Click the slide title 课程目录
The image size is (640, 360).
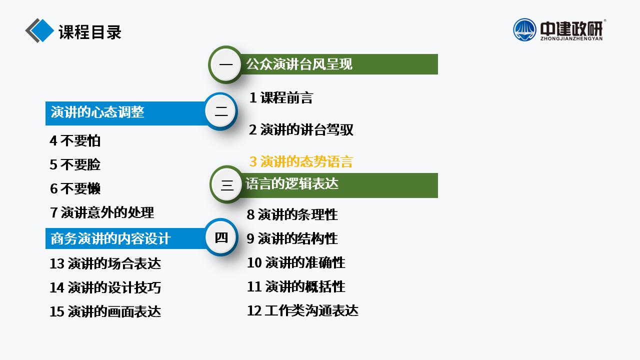pyautogui.click(x=90, y=32)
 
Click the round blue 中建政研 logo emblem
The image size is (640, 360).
pyautogui.click(x=524, y=29)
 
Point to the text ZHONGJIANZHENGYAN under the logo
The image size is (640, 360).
pyautogui.click(x=571, y=38)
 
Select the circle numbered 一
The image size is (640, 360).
pyautogui.click(x=225, y=64)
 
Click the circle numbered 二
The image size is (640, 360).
pyautogui.click(x=221, y=111)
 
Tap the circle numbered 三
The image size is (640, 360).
pyautogui.click(x=227, y=184)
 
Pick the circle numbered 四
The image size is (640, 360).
pyautogui.click(x=221, y=237)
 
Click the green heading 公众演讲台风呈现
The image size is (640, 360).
pyautogui.click(x=299, y=64)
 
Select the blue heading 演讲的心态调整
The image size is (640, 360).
pyautogui.click(x=97, y=112)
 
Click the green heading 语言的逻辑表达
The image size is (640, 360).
pyautogui.click(x=291, y=183)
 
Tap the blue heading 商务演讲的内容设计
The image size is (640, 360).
pyautogui.click(x=110, y=238)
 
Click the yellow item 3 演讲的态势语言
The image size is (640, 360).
pyautogui.click(x=301, y=161)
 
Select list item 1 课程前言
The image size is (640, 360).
pyautogui.click(x=281, y=97)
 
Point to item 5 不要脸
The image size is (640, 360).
pyautogui.click(x=75, y=164)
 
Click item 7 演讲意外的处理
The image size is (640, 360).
pyautogui.click(x=102, y=212)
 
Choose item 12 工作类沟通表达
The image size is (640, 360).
pyautogui.click(x=302, y=310)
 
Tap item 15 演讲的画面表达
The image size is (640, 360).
pyautogui.click(x=105, y=311)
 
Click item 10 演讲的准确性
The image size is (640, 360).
pyautogui.click(x=296, y=262)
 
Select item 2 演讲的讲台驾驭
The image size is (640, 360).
pyautogui.click(x=301, y=129)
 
